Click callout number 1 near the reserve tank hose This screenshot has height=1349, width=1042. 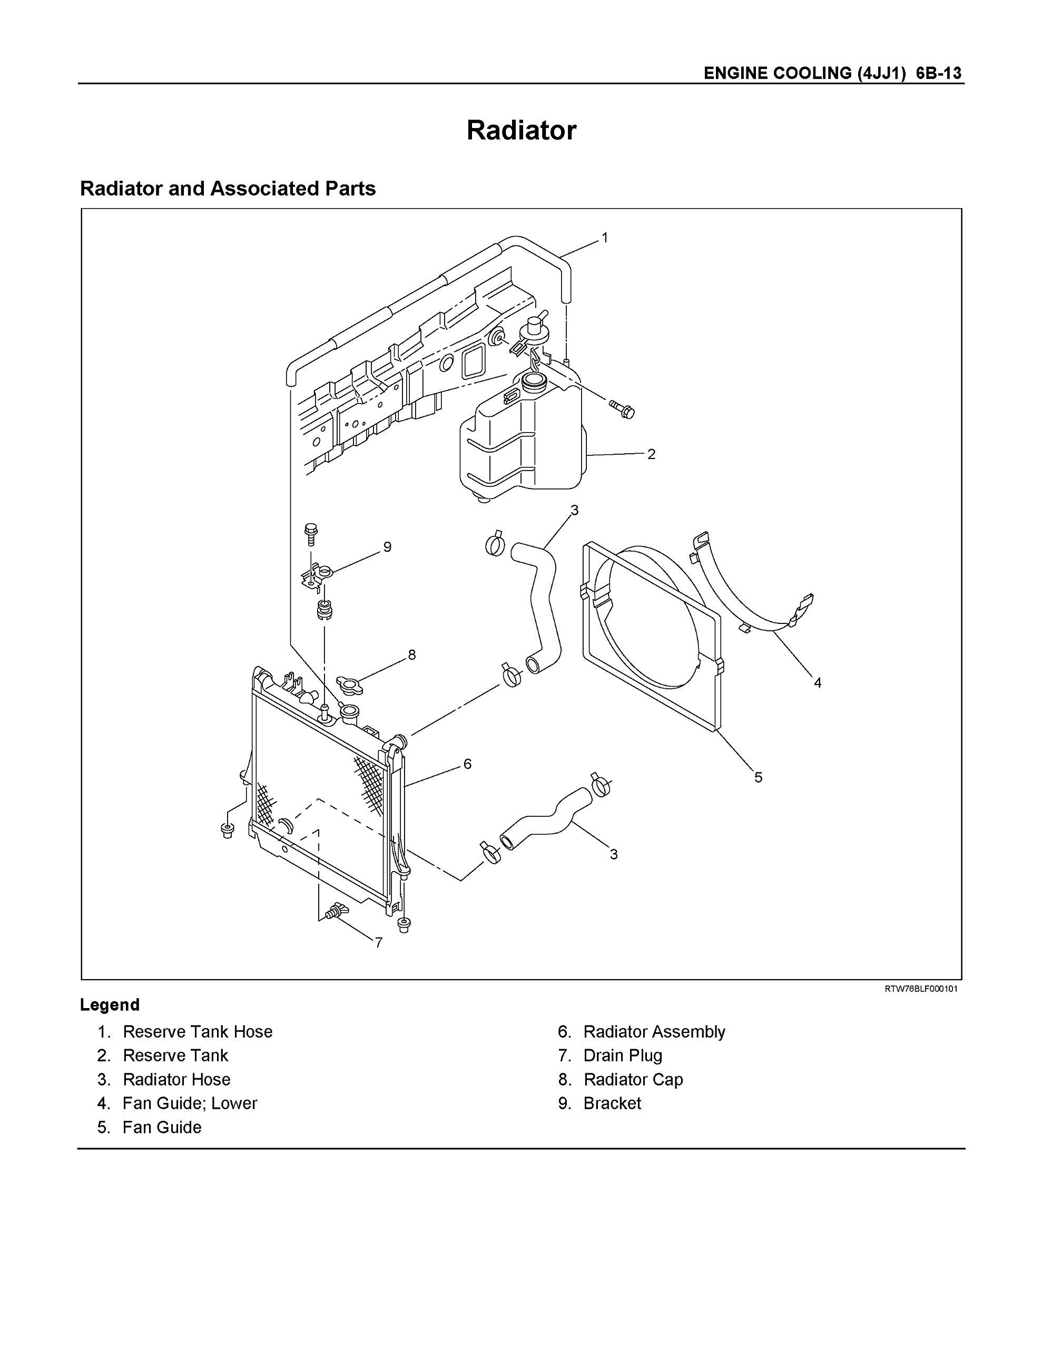[605, 238]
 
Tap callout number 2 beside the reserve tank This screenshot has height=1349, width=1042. [651, 454]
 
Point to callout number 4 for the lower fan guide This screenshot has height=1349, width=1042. [817, 682]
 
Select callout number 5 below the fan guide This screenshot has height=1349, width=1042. [758, 778]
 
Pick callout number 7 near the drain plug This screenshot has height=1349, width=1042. [379, 943]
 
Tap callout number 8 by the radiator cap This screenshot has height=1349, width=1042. [412, 654]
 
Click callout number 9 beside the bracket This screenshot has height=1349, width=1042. [387, 546]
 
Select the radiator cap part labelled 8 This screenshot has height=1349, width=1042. [350, 684]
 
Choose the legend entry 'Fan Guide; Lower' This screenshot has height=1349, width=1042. [190, 1102]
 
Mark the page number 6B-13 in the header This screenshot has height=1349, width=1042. [938, 73]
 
